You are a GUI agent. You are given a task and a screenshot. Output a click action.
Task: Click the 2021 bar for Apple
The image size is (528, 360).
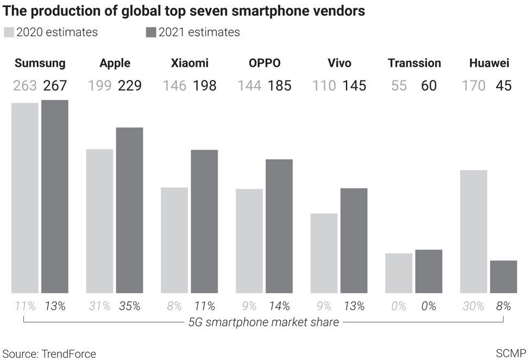(129, 210)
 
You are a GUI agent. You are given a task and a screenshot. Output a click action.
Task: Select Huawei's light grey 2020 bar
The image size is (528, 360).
(473, 232)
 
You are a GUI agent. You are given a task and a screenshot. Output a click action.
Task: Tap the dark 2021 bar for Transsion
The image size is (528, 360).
(429, 271)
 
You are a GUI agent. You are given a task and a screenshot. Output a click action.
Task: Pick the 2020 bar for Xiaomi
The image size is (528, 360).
(174, 241)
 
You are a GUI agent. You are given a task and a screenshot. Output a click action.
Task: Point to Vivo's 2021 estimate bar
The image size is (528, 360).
(354, 241)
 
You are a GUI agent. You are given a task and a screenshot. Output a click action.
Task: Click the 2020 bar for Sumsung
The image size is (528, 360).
(25, 198)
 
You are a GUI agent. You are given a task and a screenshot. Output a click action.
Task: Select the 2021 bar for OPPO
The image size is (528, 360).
(279, 226)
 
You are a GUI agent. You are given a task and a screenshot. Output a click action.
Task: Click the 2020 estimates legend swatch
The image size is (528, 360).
(9, 32)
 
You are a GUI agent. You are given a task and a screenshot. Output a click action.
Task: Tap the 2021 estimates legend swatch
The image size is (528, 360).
(151, 32)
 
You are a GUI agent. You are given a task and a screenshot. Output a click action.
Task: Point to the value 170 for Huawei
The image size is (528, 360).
(473, 86)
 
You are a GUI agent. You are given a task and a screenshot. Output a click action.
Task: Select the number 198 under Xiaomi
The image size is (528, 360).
(204, 86)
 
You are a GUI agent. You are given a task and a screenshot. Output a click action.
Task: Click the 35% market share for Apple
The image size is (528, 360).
(129, 306)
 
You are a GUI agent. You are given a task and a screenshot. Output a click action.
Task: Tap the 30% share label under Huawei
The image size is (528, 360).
(473, 306)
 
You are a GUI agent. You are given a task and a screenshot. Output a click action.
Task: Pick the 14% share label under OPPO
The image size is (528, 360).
(279, 306)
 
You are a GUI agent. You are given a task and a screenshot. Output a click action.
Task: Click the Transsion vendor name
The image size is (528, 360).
(414, 63)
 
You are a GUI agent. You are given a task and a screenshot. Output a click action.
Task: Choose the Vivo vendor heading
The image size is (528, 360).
(340, 63)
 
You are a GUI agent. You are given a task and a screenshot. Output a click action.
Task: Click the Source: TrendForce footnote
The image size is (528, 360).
(48, 353)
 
